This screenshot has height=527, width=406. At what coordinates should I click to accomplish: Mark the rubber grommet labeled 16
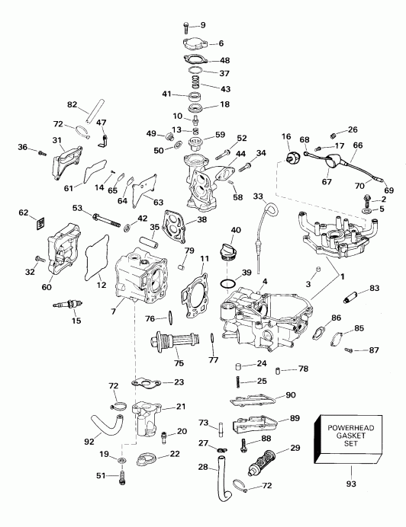[x=290, y=156]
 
